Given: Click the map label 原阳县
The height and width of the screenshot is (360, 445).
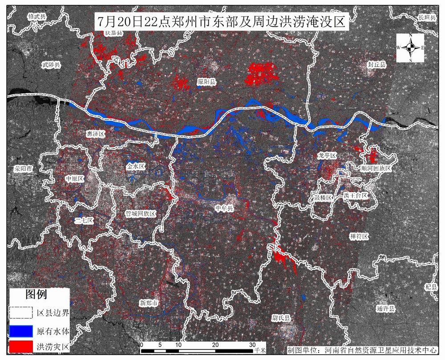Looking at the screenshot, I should coord(206,82).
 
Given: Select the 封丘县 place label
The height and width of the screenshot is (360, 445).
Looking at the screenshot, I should coord(377,65).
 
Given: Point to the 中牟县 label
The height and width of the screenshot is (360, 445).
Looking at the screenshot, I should coord(224,208).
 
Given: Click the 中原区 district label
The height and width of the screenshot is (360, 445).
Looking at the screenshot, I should coord(74,179).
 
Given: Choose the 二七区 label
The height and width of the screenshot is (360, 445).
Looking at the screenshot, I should coord(84,220).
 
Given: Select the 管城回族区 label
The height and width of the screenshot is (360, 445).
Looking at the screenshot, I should coord(141,214).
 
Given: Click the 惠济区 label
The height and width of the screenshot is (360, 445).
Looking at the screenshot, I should coord(96,133).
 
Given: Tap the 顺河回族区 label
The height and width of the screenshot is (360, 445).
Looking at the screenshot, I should coord(376,169).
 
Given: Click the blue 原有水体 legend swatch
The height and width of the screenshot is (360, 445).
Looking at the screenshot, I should coord(21,332).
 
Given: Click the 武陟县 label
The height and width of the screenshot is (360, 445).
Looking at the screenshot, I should coord(51,65).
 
